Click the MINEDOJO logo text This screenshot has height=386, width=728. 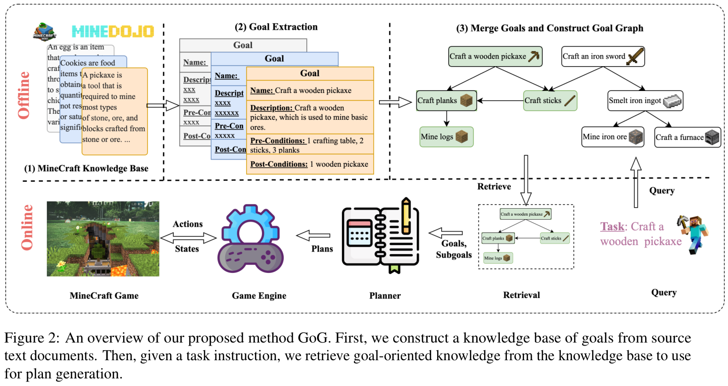(x=112, y=31)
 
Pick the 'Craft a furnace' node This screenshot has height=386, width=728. (x=687, y=137)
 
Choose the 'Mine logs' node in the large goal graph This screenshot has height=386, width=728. (x=446, y=137)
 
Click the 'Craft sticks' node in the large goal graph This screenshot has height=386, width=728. (x=549, y=101)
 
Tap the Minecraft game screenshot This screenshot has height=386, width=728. (x=103, y=238)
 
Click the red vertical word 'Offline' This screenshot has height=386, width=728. (x=24, y=95)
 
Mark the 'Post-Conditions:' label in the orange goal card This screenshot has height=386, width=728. (x=279, y=164)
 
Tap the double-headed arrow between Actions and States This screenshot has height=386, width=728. (x=188, y=236)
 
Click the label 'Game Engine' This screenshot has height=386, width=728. (x=259, y=296)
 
